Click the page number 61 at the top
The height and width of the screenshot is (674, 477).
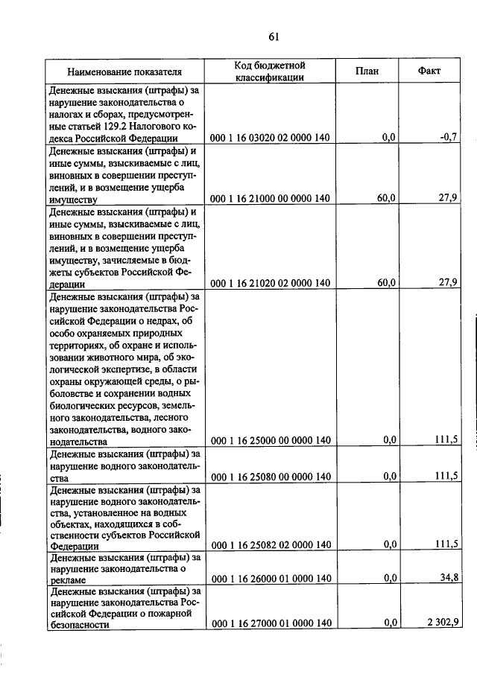click(273, 38)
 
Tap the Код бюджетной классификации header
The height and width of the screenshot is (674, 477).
click(269, 71)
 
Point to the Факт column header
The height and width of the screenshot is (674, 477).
click(429, 71)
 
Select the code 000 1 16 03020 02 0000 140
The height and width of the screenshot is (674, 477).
click(270, 138)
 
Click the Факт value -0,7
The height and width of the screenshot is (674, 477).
click(448, 138)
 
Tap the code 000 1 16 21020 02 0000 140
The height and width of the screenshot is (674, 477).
click(270, 283)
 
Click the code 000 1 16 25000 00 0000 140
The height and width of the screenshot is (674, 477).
click(270, 440)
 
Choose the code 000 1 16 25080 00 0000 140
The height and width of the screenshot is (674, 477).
click(270, 477)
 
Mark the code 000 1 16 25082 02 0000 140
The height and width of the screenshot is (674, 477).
click(270, 544)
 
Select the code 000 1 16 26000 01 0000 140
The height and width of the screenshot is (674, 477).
click(270, 579)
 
